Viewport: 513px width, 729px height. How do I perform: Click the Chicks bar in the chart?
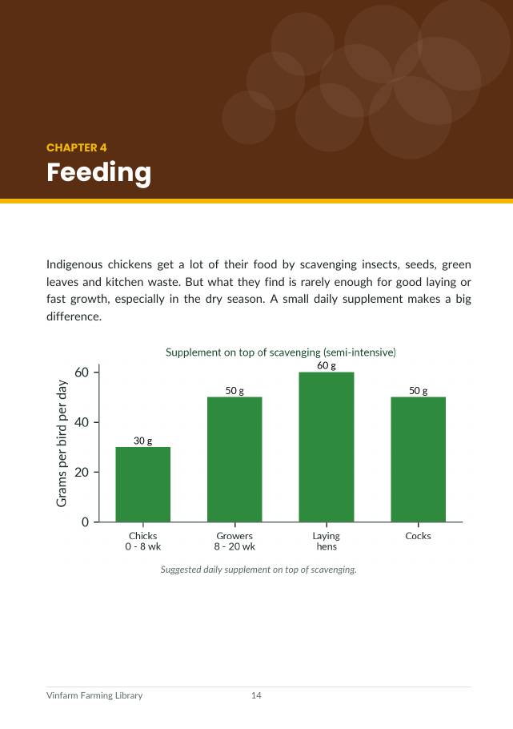(142, 484)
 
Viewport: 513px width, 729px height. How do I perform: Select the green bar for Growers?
(234, 459)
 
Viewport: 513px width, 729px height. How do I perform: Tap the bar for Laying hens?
(327, 447)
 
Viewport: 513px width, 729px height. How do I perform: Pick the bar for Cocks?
(419, 459)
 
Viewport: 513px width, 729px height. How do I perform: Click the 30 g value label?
(142, 441)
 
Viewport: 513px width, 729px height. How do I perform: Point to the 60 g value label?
(327, 366)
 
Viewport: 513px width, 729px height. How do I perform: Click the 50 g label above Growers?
(234, 391)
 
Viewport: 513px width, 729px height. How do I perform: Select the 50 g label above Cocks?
(419, 391)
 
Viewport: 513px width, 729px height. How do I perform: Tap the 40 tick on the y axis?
(82, 422)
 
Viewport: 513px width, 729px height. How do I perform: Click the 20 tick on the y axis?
(82, 472)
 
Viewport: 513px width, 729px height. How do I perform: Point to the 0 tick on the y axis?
(85, 522)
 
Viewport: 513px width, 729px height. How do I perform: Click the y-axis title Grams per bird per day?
(62, 444)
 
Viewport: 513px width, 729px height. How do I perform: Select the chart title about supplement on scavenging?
(281, 352)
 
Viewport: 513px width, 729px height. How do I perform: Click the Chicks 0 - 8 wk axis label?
(142, 542)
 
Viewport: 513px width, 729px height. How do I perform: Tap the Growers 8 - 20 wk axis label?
(234, 542)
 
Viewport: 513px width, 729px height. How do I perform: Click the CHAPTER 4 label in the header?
(77, 148)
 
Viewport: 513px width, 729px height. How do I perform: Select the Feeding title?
(99, 173)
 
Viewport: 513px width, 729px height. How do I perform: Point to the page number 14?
(256, 695)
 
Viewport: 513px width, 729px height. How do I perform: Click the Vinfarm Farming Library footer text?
(94, 695)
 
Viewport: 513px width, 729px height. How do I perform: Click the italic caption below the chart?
(259, 570)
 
